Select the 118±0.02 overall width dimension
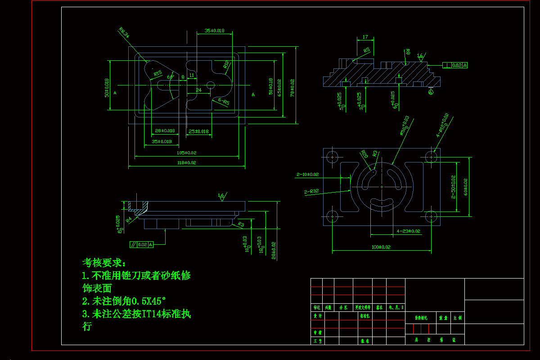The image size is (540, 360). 187,162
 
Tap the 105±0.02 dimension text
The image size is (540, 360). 187,153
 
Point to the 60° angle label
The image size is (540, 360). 171,77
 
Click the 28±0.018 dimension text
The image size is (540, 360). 164,130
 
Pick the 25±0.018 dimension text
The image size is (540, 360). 198,131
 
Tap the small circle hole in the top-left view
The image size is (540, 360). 211,85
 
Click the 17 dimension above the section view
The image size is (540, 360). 365,37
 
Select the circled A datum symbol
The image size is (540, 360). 431,92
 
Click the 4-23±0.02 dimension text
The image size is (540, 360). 408,231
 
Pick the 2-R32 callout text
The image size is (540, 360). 311,192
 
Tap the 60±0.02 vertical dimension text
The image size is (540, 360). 465,186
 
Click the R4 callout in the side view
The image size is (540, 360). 129,220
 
